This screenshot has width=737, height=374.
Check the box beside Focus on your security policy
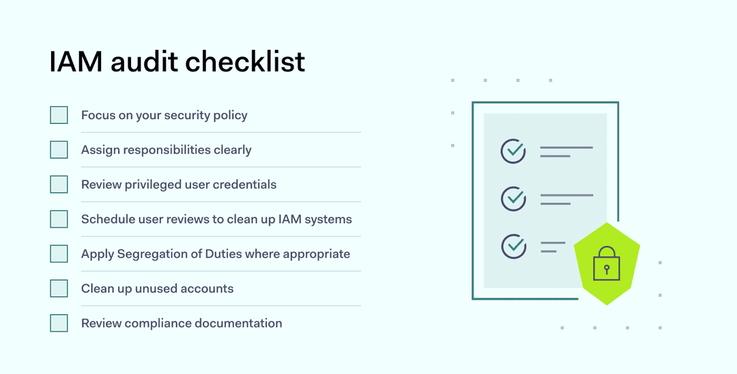point(59,115)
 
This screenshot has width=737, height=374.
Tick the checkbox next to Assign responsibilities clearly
point(59,150)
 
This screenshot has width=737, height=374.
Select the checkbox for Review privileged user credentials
point(59,185)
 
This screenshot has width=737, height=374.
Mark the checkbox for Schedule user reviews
point(59,219)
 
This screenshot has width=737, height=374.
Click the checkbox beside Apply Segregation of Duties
point(59,254)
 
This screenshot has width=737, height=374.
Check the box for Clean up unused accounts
point(59,289)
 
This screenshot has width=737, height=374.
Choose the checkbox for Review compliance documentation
point(59,324)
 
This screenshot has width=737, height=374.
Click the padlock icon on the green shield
point(606,265)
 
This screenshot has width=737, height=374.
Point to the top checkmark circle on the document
point(513,151)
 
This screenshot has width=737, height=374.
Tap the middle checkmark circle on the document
point(513,199)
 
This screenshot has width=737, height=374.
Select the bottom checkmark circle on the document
point(513,246)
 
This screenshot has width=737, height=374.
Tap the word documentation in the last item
point(238,324)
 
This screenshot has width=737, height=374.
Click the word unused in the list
point(156,289)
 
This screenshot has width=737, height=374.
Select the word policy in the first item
point(231,115)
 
